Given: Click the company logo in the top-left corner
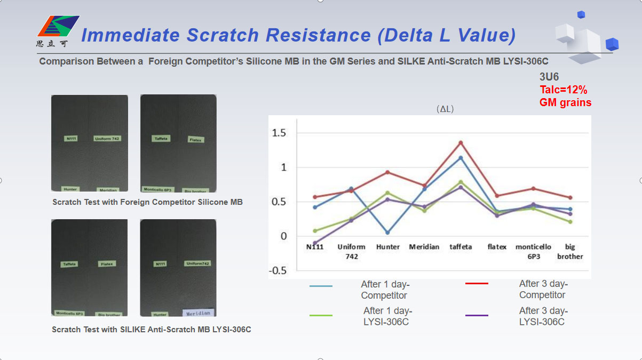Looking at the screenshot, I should coord(57,31).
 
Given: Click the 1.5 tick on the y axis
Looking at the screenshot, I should coord(280,133).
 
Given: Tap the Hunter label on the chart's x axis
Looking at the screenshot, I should coord(387,247).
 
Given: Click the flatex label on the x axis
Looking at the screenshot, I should coord(497,247).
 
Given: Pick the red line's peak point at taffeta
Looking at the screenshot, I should coord(460,142).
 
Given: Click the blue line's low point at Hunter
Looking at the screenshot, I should coord(387,233).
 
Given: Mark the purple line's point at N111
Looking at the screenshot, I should coord(315,243).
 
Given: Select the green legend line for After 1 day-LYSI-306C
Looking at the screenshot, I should coord(321,315).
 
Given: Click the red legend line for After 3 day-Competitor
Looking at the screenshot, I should coord(477,284).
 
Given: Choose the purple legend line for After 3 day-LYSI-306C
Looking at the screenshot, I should coord(477,315).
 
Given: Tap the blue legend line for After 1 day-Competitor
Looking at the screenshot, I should coord(321,286).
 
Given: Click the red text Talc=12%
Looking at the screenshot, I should coord(563,90).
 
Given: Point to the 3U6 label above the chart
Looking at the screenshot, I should coord(549,77).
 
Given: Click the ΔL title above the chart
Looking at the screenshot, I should coord(445,109).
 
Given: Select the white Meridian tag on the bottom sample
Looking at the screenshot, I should coord(198,313).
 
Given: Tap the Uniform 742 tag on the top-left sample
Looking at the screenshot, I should coord(107,139).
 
